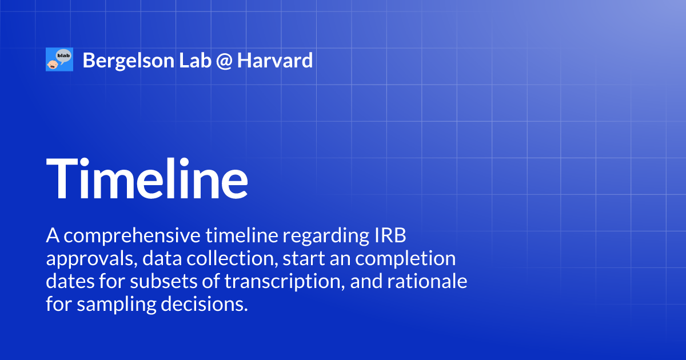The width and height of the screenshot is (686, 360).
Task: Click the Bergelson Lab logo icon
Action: point(59,60)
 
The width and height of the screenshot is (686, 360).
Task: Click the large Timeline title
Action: point(147,177)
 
